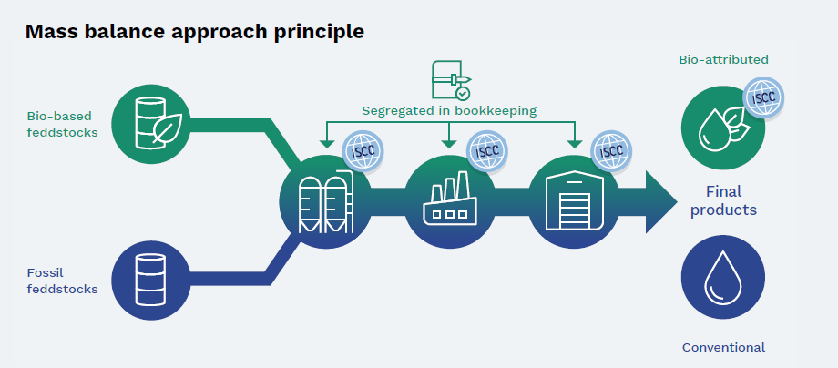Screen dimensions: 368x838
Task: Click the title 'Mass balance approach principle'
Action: (x=194, y=32)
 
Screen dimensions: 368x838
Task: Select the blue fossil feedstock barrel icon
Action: (x=150, y=279)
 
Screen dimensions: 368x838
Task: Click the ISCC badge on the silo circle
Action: (x=361, y=151)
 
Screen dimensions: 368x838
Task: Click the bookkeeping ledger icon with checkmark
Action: (x=450, y=80)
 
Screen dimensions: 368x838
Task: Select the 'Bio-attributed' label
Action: (x=723, y=59)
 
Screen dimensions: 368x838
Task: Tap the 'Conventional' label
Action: (x=723, y=347)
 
